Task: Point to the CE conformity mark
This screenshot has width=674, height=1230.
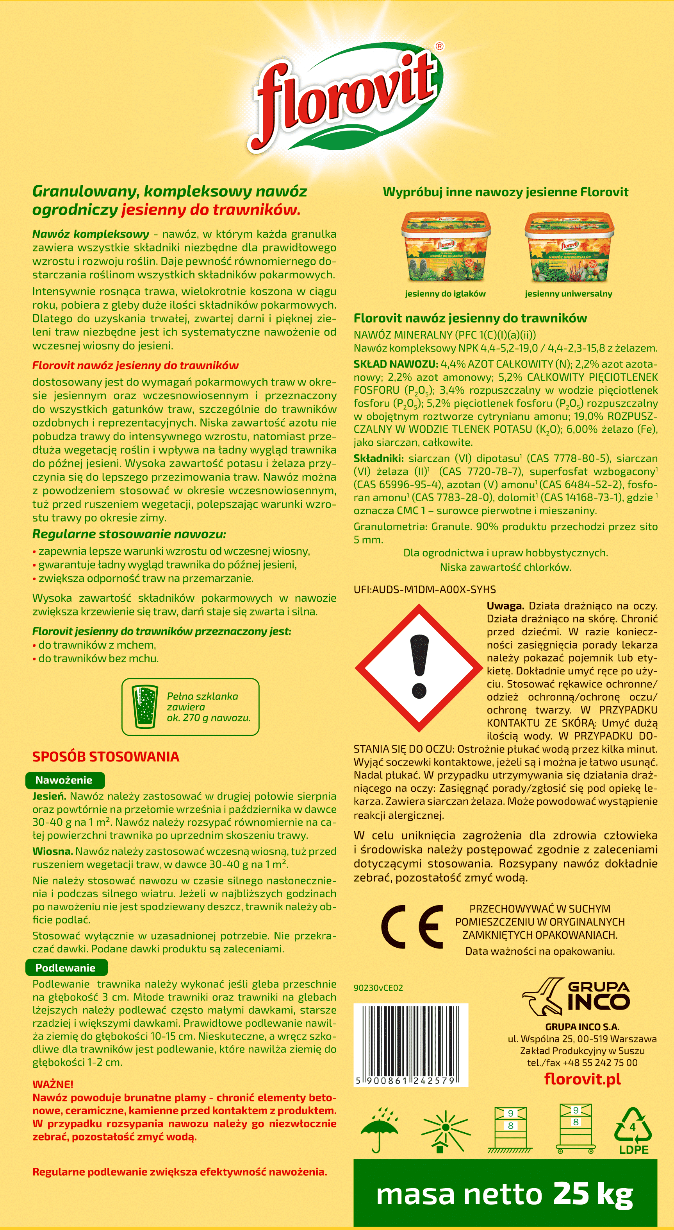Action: [412, 927]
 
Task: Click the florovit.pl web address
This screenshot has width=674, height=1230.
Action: [582, 1079]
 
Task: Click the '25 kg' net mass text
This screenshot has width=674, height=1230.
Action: [593, 1194]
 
